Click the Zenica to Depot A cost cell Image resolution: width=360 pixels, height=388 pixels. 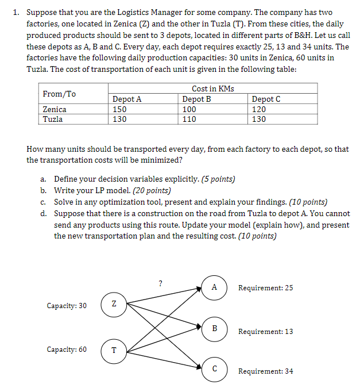[x=120, y=109]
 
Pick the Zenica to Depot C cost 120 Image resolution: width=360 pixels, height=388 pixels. [x=259, y=109]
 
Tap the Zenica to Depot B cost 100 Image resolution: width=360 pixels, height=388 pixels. [x=189, y=109]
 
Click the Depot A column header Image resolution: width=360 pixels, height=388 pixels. [x=127, y=99]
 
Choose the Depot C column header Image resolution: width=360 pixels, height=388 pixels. [x=266, y=99]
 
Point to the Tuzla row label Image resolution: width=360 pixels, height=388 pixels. [x=53, y=120]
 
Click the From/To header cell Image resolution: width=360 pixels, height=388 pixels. [x=59, y=94]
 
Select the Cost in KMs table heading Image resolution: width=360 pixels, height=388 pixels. [x=212, y=89]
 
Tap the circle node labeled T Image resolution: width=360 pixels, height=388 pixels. [x=114, y=349]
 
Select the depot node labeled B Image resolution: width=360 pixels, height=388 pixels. [x=214, y=329]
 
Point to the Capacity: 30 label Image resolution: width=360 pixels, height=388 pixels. [x=67, y=305]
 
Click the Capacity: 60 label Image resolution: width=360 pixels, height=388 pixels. [x=67, y=349]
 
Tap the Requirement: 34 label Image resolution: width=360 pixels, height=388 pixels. [x=265, y=371]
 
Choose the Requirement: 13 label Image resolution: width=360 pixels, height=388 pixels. [x=265, y=332]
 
